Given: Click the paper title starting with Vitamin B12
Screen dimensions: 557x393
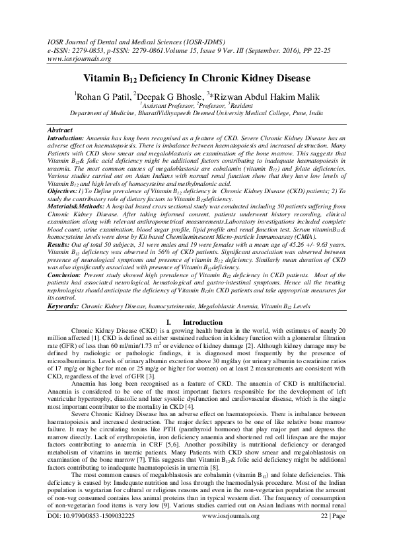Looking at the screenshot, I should tap(197, 78).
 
